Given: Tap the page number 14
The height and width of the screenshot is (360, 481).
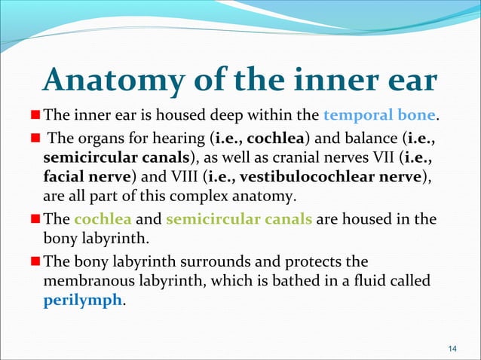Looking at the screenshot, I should [x=452, y=347].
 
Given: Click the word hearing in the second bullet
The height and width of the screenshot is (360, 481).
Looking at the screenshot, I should [x=180, y=139].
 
